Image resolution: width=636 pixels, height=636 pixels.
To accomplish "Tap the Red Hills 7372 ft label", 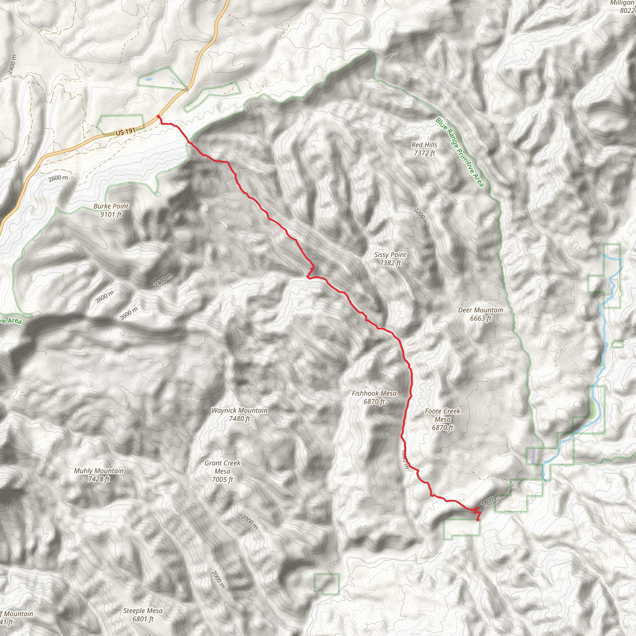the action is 424,149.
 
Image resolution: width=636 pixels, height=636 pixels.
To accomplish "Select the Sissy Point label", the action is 390,255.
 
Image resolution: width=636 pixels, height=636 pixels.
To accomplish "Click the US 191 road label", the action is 125,132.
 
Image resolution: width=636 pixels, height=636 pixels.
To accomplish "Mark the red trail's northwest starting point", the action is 159,116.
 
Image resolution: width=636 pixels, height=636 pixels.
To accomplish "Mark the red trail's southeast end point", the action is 478,520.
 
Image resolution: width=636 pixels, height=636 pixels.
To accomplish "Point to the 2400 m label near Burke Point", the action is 163,281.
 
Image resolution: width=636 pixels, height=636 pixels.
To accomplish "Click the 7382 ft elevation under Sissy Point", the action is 390,263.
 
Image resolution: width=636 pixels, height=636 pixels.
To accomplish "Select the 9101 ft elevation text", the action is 111,215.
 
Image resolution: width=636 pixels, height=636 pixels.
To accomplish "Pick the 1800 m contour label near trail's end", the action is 490,500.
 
